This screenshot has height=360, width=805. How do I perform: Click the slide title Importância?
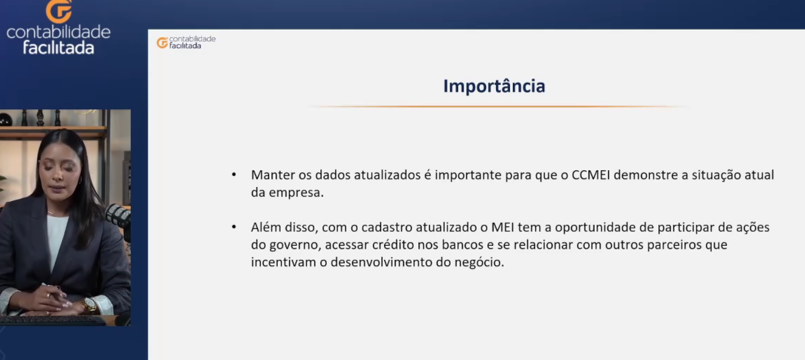pyautogui.click(x=494, y=86)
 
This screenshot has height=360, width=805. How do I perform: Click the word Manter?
pyautogui.click(x=273, y=175)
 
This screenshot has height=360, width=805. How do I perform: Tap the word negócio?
pyautogui.click(x=479, y=263)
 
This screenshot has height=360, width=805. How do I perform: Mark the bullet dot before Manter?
pyautogui.click(x=234, y=175)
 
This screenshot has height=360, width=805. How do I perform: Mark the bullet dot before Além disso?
pyautogui.click(x=234, y=227)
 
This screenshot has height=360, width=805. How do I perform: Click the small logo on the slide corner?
pyautogui.click(x=186, y=43)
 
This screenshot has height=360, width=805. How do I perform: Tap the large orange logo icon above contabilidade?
pyautogui.click(x=59, y=11)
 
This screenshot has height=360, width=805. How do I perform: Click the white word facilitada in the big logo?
pyautogui.click(x=59, y=48)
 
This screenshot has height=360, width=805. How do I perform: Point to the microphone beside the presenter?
pyautogui.click(x=118, y=216)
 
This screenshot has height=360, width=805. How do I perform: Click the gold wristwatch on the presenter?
pyautogui.click(x=89, y=305)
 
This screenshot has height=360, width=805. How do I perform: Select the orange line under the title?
pyautogui.click(x=498, y=107)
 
